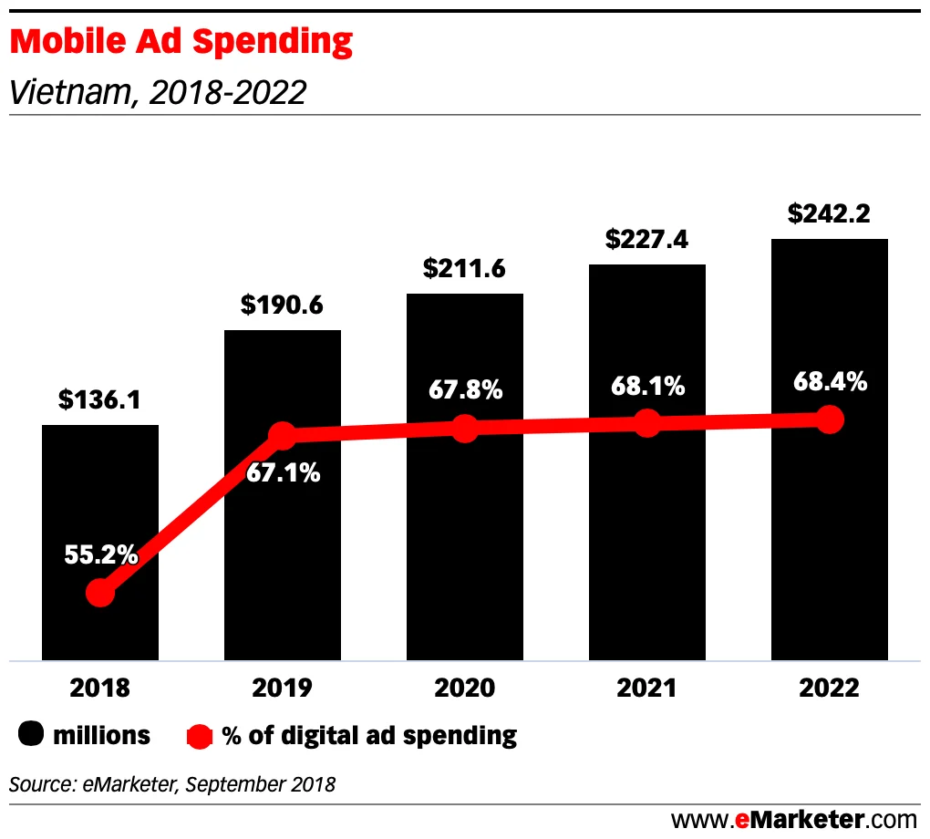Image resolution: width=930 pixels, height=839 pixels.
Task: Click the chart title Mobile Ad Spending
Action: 181,42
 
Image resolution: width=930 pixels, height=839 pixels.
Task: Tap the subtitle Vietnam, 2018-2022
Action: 156,92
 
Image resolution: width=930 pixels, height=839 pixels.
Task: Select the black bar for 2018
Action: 100,511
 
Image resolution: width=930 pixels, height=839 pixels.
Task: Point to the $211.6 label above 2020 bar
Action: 464,269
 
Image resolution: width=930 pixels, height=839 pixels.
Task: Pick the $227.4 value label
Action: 646,240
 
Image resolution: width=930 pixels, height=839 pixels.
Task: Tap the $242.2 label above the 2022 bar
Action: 829,214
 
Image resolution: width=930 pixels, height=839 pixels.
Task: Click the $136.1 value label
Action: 99,400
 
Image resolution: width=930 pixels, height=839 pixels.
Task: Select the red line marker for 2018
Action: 100,593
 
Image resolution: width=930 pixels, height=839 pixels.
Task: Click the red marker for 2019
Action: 283,436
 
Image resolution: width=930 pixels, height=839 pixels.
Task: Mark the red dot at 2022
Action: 829,419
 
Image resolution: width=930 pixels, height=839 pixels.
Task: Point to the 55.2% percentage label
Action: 100,554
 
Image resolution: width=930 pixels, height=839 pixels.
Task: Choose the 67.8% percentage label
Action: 465,390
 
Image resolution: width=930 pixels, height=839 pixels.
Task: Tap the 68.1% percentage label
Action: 647,386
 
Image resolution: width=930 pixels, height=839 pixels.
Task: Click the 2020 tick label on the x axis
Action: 464,688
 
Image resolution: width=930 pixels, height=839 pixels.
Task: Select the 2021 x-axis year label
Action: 646,688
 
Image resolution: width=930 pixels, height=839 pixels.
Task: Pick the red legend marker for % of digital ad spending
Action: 200,735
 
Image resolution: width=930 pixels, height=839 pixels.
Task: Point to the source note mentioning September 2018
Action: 172,783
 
